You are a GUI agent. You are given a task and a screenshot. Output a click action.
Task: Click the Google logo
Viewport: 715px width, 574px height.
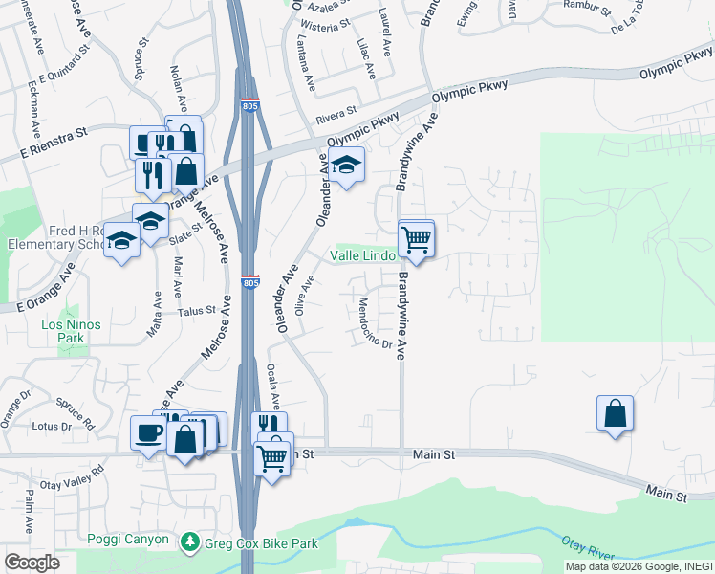tap(32, 563)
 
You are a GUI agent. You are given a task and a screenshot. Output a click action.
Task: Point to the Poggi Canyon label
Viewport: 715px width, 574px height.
tap(128, 540)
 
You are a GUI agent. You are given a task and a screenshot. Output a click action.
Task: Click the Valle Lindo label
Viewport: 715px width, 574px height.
tap(362, 255)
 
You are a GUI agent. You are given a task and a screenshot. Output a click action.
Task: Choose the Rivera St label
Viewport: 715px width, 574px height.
tap(336, 120)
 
